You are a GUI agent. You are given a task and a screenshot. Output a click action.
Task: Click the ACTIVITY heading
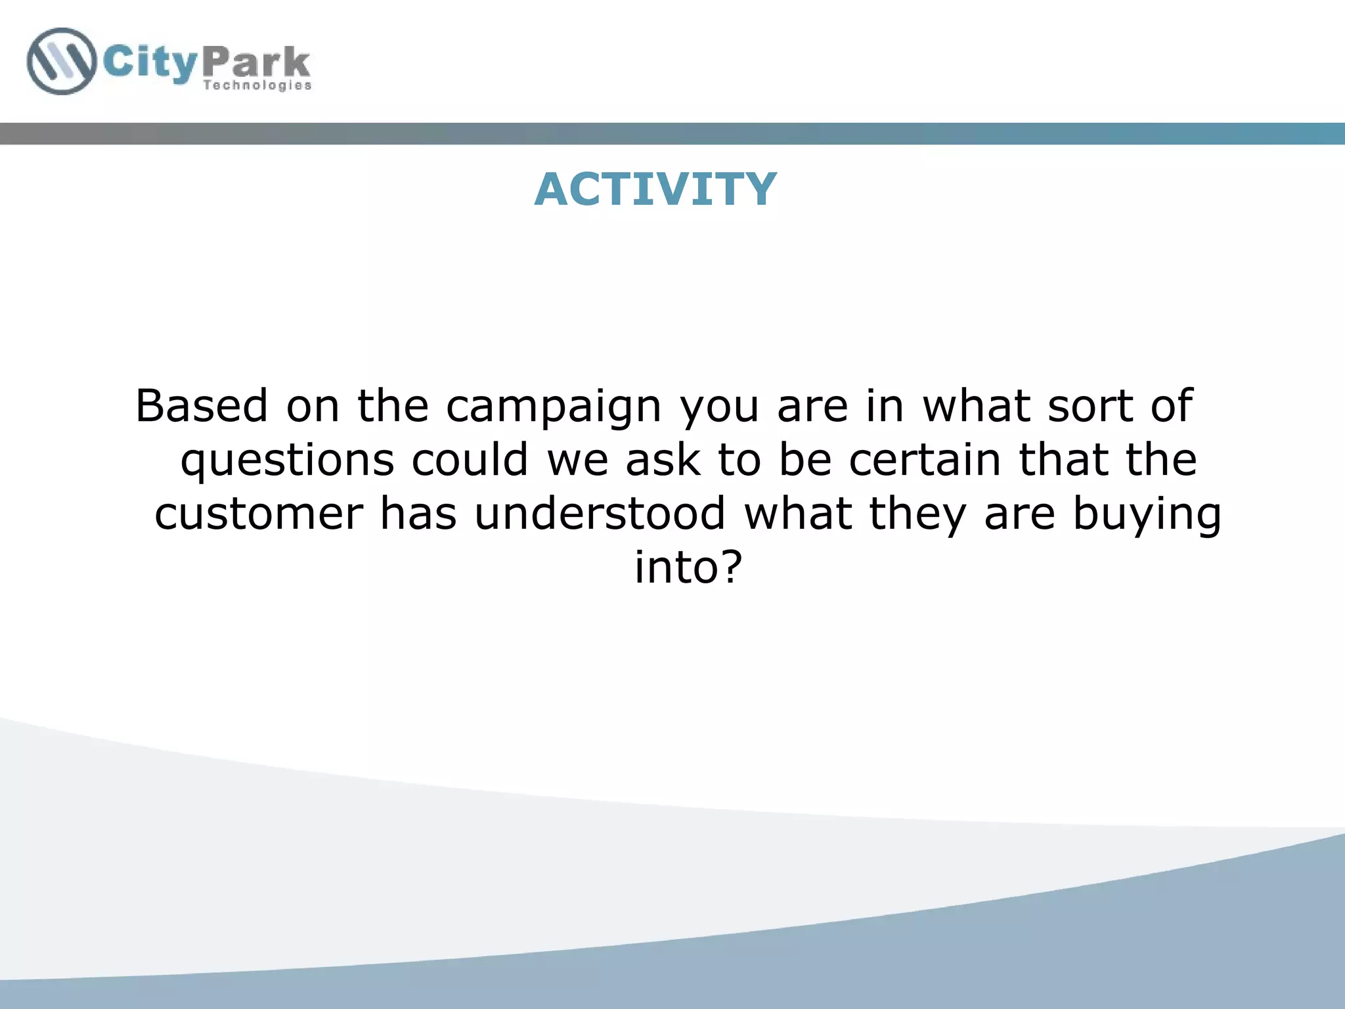(655, 189)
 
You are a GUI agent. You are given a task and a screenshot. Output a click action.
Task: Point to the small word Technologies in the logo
(257, 85)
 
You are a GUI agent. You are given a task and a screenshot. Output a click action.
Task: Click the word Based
(202, 405)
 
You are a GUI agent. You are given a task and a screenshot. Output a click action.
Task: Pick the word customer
(259, 514)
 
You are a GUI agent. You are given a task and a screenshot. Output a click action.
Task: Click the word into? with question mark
(688, 567)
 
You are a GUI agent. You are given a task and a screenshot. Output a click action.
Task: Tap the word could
(470, 459)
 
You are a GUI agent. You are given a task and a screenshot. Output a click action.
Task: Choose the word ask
(663, 459)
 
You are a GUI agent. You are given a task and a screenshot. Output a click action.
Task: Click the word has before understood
(418, 513)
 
